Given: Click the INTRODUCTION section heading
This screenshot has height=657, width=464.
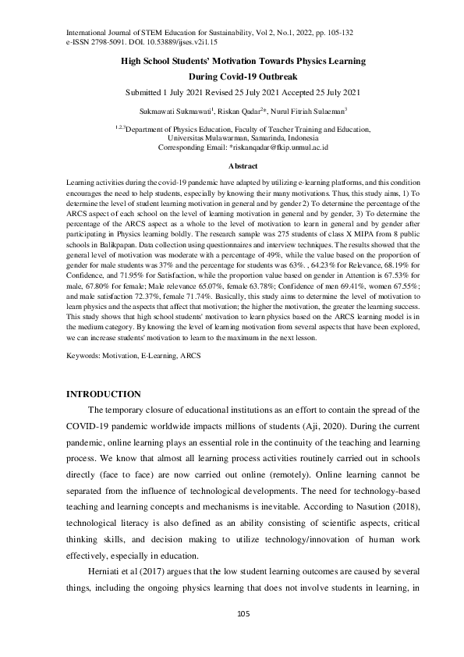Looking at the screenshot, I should (104, 393).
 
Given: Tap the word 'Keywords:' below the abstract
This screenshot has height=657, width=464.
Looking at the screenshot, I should (83, 355).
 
